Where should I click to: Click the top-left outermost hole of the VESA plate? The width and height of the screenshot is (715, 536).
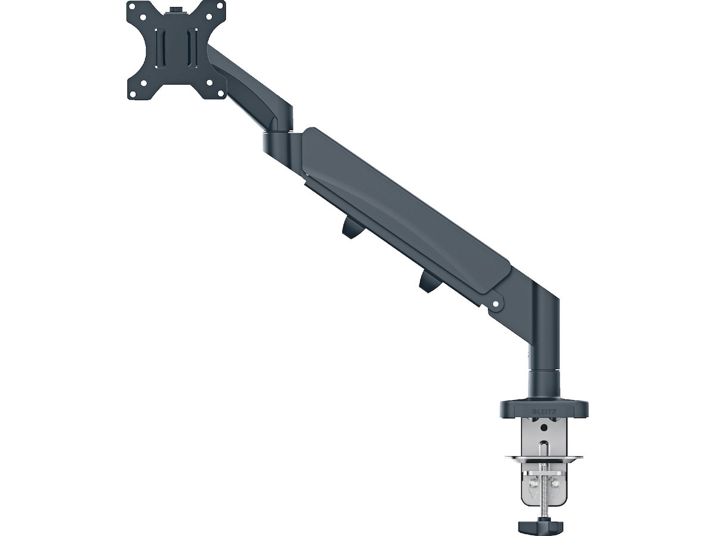click(x=132, y=8)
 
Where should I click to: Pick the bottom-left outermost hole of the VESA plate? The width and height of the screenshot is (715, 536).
click(x=132, y=93)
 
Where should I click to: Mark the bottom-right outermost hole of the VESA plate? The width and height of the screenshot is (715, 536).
click(x=220, y=93)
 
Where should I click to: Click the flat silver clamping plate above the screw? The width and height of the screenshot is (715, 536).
click(x=544, y=458)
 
